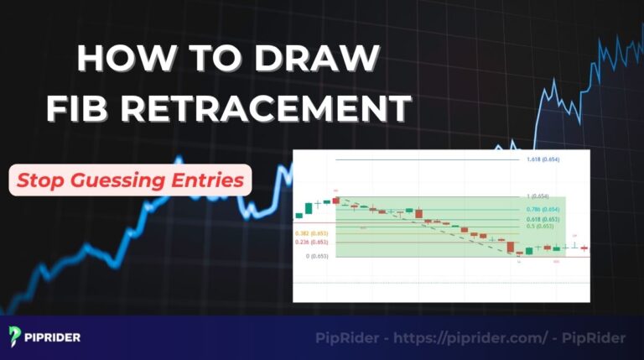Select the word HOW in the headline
[x=122, y=60]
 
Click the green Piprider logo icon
[x=17, y=337]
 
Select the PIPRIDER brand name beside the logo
[x=55, y=337]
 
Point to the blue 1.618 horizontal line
[x=419, y=159]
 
